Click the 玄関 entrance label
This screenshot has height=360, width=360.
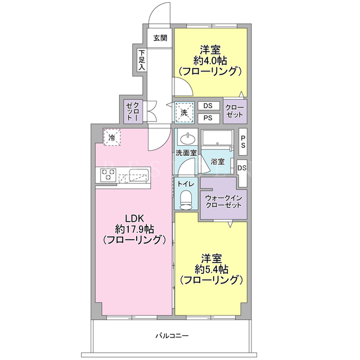(160, 38)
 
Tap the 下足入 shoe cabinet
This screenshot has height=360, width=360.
(142, 60)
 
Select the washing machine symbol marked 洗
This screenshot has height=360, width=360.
(184, 112)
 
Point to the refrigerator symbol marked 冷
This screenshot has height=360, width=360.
(112, 137)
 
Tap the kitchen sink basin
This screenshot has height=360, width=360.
(139, 174)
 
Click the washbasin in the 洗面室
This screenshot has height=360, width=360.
(188, 139)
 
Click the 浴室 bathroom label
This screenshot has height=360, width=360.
(218, 161)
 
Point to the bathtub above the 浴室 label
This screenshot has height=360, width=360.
(217, 137)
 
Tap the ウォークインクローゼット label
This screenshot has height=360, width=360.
(223, 201)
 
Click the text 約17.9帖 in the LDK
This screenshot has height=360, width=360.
(134, 229)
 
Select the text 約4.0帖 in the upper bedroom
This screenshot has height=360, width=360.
(210, 61)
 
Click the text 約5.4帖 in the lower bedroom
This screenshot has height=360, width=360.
(211, 269)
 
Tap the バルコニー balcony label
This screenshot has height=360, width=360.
(172, 336)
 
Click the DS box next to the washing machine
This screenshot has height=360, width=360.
(208, 106)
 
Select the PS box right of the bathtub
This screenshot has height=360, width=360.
(243, 142)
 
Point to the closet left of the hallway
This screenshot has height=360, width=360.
(133, 111)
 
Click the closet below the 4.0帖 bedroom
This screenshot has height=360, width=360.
(235, 111)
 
